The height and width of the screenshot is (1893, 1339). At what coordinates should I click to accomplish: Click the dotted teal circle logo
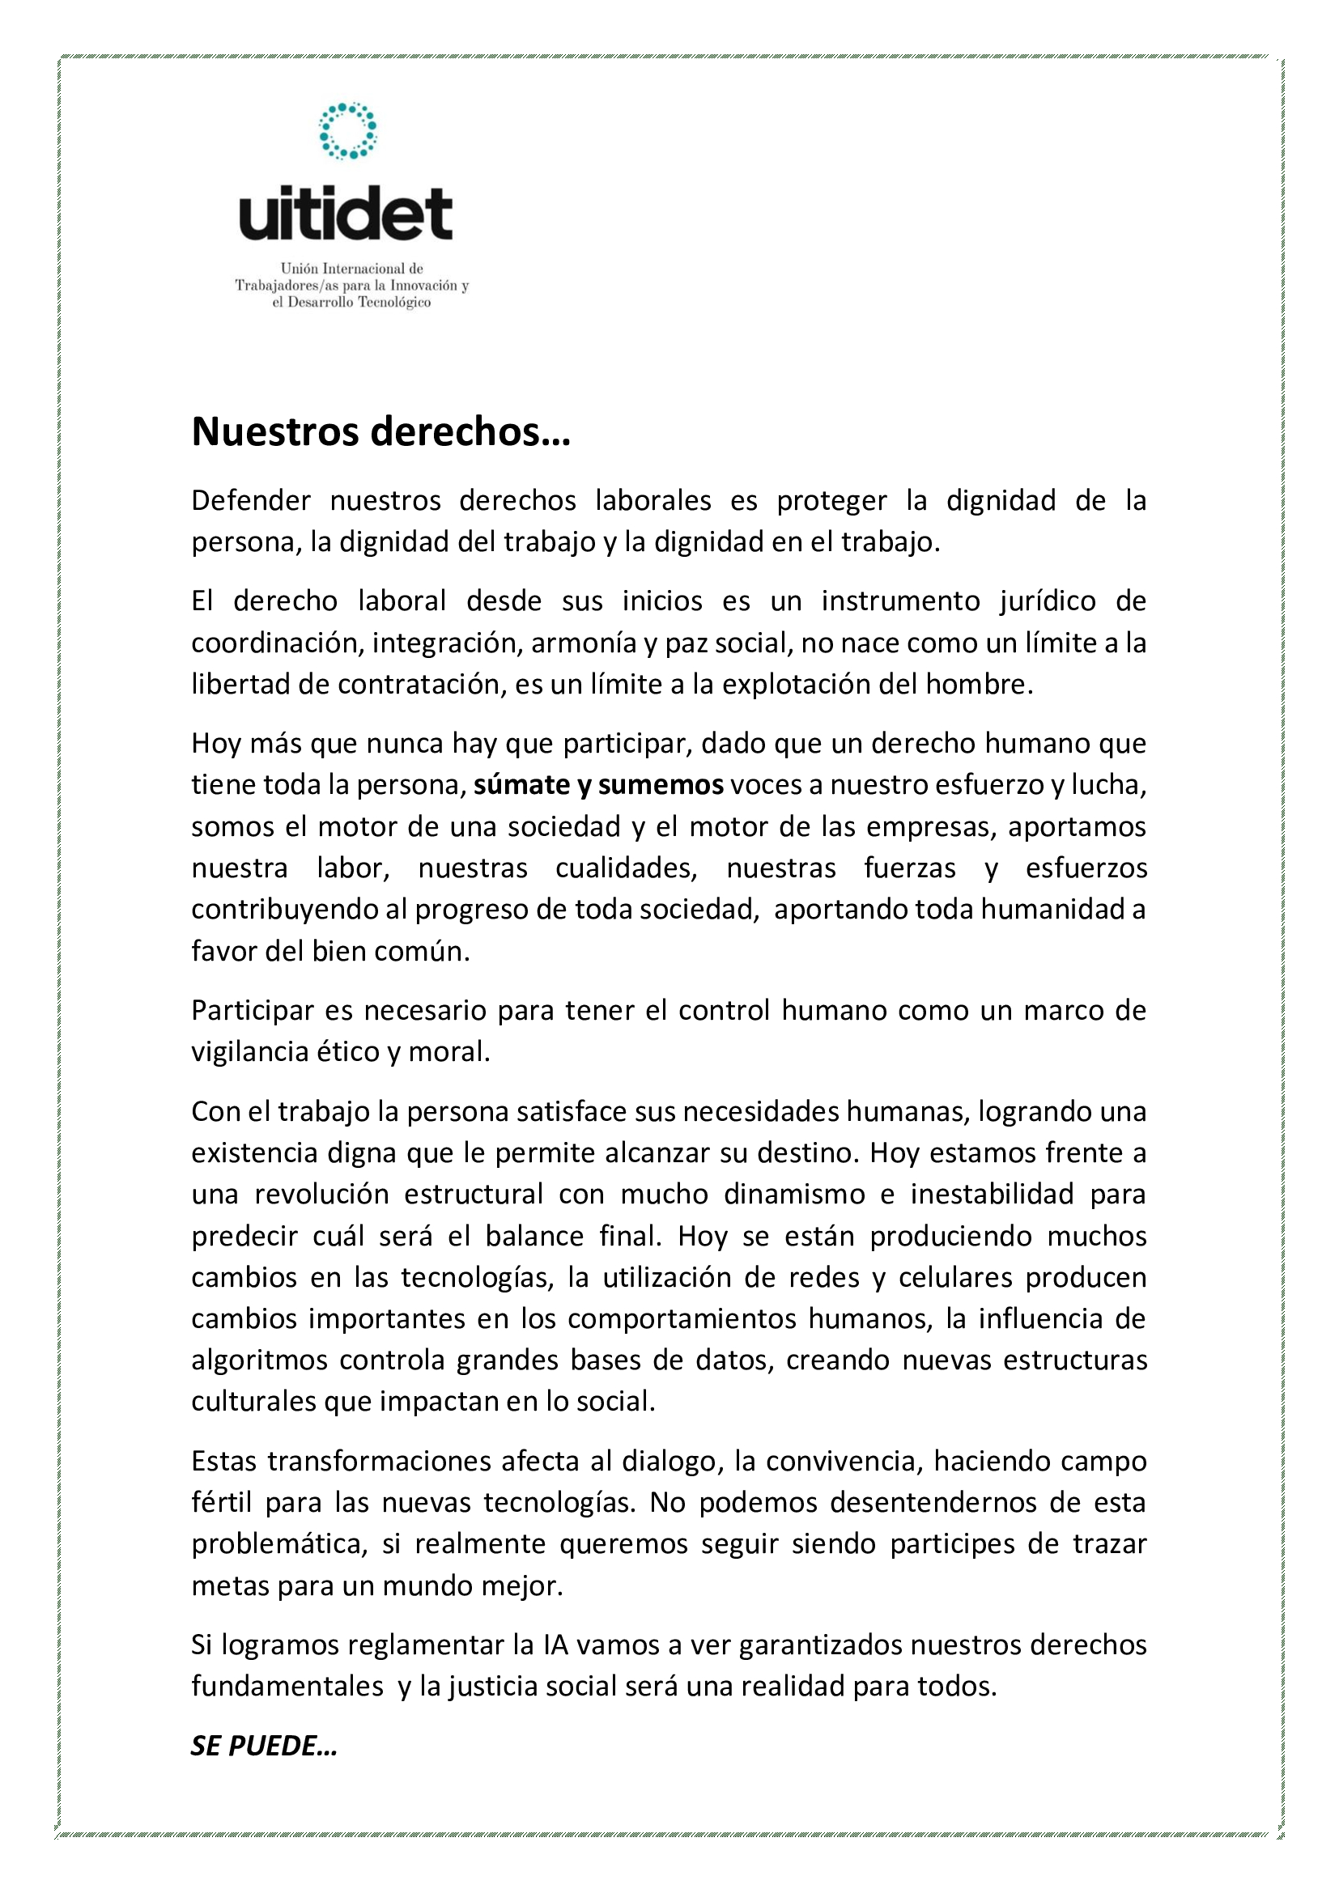pyautogui.click(x=347, y=130)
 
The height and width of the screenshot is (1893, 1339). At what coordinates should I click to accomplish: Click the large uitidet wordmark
pyautogui.click(x=346, y=214)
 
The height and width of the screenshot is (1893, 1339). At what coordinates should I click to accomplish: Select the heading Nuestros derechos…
pyautogui.click(x=381, y=431)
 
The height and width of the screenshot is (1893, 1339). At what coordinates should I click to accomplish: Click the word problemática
pyautogui.click(x=278, y=1544)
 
